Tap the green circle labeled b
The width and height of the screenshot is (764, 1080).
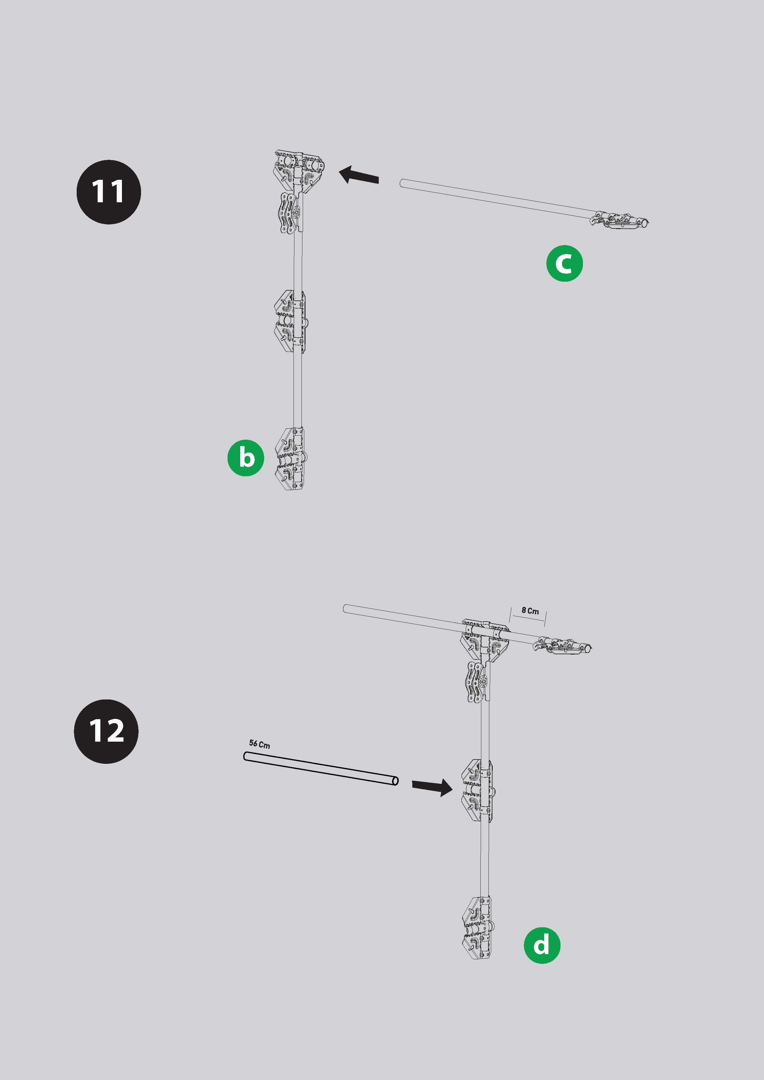click(x=245, y=458)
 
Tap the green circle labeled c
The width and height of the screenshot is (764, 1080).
click(x=564, y=264)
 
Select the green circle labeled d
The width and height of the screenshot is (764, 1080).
click(x=542, y=945)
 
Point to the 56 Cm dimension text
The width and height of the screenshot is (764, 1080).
click(x=260, y=744)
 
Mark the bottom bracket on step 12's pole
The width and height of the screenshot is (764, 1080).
click(x=478, y=928)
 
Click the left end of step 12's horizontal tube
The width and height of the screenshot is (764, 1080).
click(x=346, y=609)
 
